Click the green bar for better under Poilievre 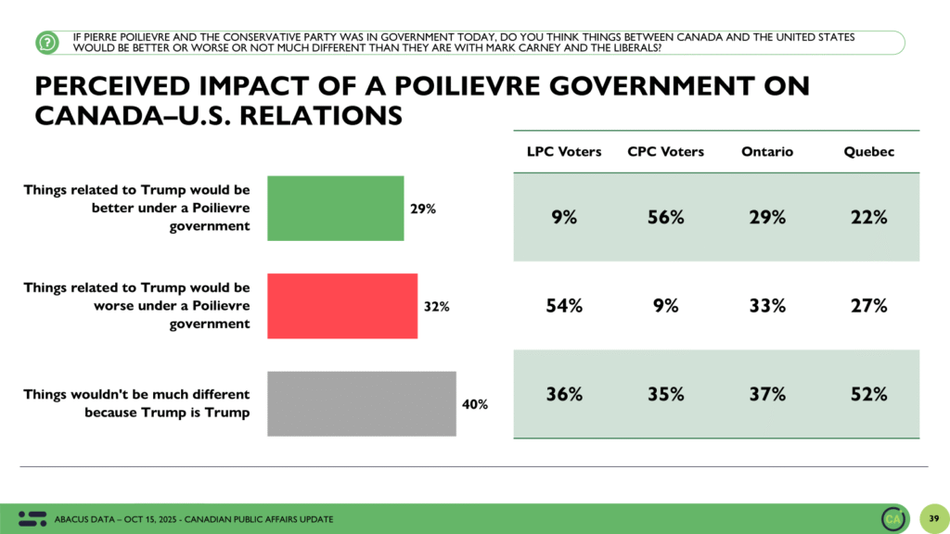point(335,208)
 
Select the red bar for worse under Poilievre point(342,306)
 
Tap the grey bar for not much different point(362,403)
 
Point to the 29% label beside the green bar point(423,209)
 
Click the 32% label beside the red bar point(436,307)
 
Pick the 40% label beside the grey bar point(474,404)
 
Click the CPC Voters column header point(665,151)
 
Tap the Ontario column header point(766,151)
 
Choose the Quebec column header point(868,151)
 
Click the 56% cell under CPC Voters point(665,217)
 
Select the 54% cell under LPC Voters point(563,305)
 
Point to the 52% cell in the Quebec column point(868,393)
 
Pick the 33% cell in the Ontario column point(766,305)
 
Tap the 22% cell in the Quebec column point(868,217)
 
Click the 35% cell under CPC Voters point(665,393)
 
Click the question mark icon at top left point(46,42)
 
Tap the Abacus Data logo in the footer point(32,518)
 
